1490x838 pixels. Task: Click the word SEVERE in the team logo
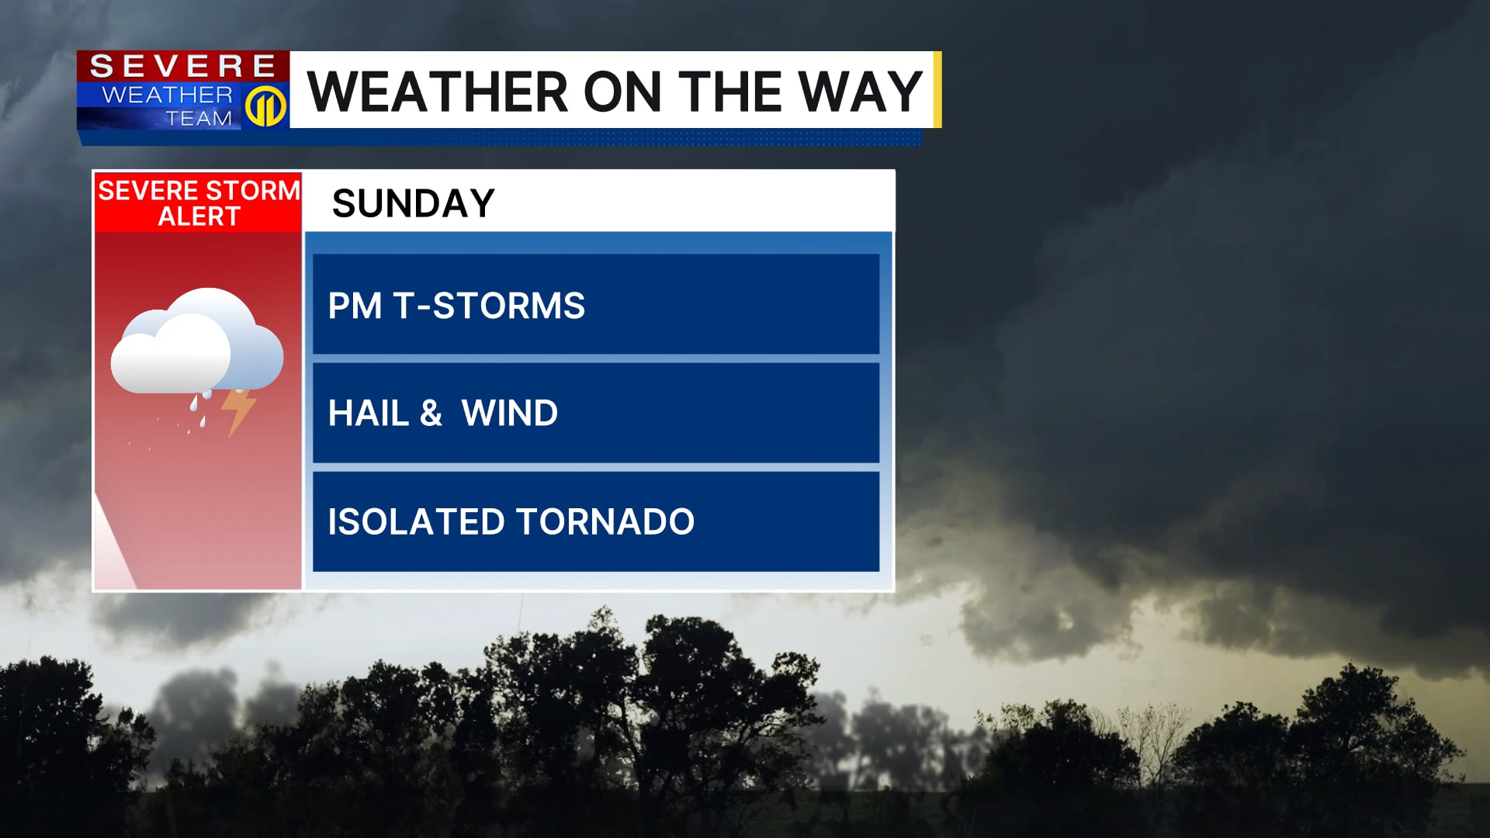click(183, 66)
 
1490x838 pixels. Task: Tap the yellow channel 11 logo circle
click(265, 106)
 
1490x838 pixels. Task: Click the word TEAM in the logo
click(199, 118)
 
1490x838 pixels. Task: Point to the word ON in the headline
click(622, 92)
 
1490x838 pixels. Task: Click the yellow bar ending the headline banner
click(937, 89)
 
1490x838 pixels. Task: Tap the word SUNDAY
click(413, 203)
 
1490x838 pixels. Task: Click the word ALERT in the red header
click(199, 216)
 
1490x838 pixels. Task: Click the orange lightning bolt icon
click(238, 411)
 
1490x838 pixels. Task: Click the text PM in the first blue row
click(355, 306)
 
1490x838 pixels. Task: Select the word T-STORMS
click(489, 306)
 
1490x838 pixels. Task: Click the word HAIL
click(368, 413)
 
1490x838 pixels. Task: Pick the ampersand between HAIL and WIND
click(431, 413)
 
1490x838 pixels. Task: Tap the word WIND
click(510, 413)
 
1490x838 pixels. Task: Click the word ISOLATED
click(416, 521)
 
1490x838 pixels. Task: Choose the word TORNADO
click(605, 521)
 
